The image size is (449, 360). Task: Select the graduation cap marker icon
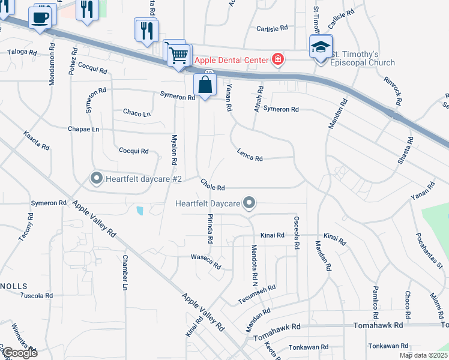pos(320,47)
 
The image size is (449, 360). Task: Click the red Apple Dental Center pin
pos(277,59)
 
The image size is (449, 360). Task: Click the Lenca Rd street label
pos(250,155)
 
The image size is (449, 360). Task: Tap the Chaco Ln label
pos(137,112)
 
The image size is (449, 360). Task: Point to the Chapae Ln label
pos(83,129)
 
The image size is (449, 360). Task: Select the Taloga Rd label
pos(22,52)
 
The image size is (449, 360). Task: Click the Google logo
pos(19,353)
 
